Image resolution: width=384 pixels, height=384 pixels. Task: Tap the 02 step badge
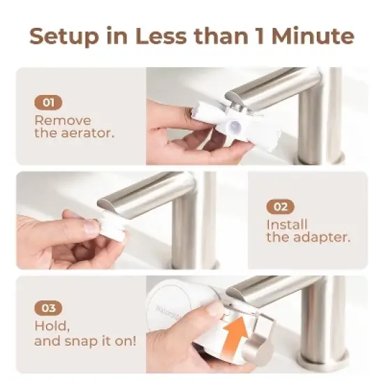[x=280, y=207]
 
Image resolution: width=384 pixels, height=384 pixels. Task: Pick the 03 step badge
[x=48, y=308]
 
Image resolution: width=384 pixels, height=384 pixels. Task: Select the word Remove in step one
[x=62, y=119]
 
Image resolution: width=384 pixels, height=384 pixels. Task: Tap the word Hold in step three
[x=50, y=327]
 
